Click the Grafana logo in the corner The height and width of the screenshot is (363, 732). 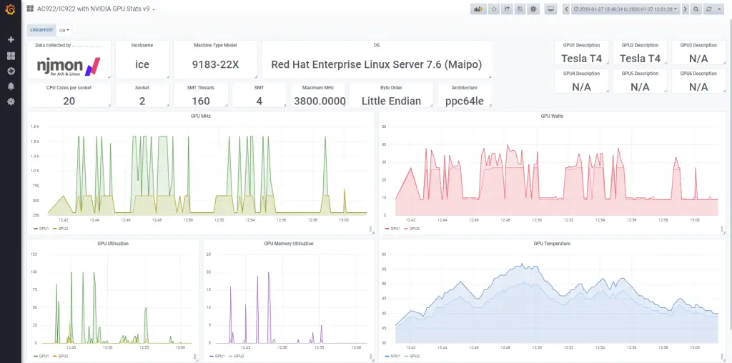coord(10,9)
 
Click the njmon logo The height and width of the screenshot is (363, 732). coord(69,66)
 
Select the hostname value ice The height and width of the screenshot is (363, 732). coord(142,64)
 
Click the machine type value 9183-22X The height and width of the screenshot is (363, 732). coord(215,64)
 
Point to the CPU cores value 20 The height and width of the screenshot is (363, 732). coord(69,101)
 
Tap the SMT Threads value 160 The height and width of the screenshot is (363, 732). coord(201,101)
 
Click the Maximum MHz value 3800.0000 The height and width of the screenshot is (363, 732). coord(320,101)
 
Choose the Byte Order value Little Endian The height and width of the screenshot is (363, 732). coord(391,101)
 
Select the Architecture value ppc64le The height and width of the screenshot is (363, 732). coord(464,101)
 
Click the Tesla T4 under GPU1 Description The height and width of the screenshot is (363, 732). coord(581,59)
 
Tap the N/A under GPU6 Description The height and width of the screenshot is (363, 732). coord(698,86)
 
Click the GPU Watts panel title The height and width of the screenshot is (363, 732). coord(553,116)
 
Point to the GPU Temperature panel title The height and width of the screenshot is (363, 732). coord(552,244)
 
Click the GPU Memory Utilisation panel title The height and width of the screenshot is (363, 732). coord(289,244)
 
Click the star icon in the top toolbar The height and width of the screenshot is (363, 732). coord(493,9)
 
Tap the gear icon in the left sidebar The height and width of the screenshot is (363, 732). coord(11,101)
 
